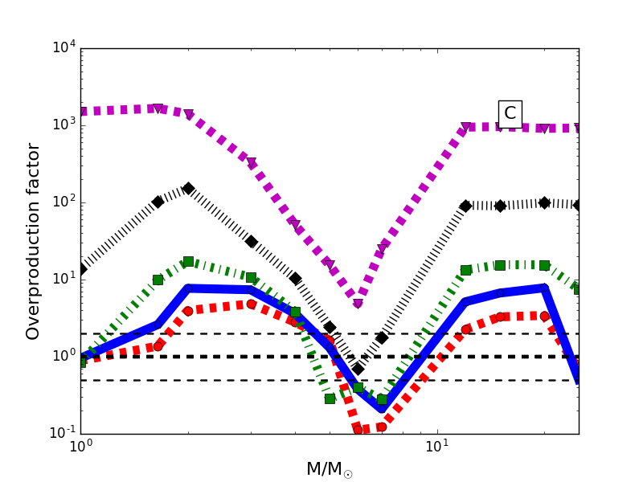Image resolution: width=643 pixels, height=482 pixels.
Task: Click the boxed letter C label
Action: pos(510,113)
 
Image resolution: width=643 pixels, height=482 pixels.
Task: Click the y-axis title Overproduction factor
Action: pos(33,241)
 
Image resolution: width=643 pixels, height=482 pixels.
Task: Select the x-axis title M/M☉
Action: pos(330,469)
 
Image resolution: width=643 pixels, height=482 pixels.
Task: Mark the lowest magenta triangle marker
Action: pos(358,304)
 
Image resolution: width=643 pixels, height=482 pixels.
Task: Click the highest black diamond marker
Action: pos(188,188)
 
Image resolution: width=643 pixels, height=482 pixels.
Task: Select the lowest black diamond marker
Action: pos(358,369)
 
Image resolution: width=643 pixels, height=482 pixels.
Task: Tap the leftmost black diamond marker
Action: pos(80,269)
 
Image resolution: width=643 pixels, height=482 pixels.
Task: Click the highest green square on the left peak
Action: pos(188,262)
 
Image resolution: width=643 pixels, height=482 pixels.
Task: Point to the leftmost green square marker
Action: pos(80,362)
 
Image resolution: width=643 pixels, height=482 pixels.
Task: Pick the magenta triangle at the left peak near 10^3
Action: pos(158,108)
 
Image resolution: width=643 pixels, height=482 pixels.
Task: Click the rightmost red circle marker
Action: pos(544,316)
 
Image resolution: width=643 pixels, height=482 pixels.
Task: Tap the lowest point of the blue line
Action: pos(382,407)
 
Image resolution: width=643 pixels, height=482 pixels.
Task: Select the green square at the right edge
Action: pos(578,288)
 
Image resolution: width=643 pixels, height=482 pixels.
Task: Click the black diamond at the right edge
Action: pos(578,205)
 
